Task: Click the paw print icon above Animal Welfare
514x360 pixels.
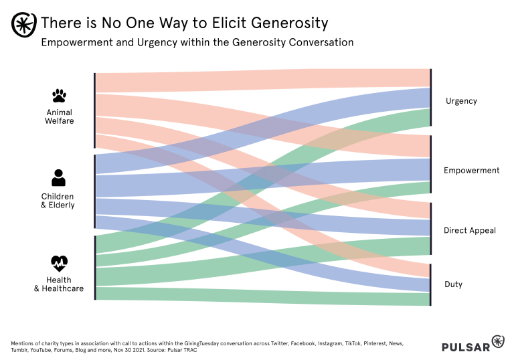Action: click(x=59, y=96)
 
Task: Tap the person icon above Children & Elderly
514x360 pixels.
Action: click(x=58, y=177)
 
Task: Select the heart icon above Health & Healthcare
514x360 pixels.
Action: click(x=59, y=262)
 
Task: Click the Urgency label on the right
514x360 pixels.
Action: click(x=461, y=101)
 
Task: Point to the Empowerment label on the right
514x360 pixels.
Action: click(x=471, y=171)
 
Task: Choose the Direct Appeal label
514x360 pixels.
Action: click(x=469, y=230)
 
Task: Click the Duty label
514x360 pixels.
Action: click(x=453, y=284)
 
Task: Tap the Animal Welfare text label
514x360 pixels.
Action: click(x=59, y=116)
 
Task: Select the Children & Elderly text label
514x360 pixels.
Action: click(x=58, y=201)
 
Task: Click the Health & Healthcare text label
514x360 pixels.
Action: click(x=59, y=284)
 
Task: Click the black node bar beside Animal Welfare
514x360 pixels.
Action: click(x=95, y=110)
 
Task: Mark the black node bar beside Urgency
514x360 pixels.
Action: click(x=431, y=97)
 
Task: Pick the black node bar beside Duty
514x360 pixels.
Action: click(x=431, y=285)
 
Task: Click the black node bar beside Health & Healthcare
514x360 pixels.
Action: click(x=95, y=268)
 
